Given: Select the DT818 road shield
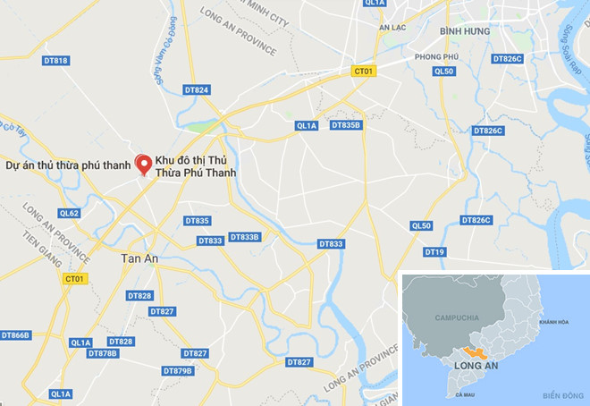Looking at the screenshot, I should pos(55,61).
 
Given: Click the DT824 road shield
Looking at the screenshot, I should pos(196,90).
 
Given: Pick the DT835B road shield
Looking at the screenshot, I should pos(346,125).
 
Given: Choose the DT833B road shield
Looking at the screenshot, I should pos(244,237).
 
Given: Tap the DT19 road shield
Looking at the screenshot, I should pos(435,252).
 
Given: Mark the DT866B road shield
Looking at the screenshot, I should pos(16,334).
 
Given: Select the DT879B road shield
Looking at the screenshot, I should pos(178,370).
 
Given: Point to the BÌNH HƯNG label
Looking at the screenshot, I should pos(466,30).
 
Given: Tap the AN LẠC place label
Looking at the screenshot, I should pos(392,28).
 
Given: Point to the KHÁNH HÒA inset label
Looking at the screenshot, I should pos(553,322).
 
